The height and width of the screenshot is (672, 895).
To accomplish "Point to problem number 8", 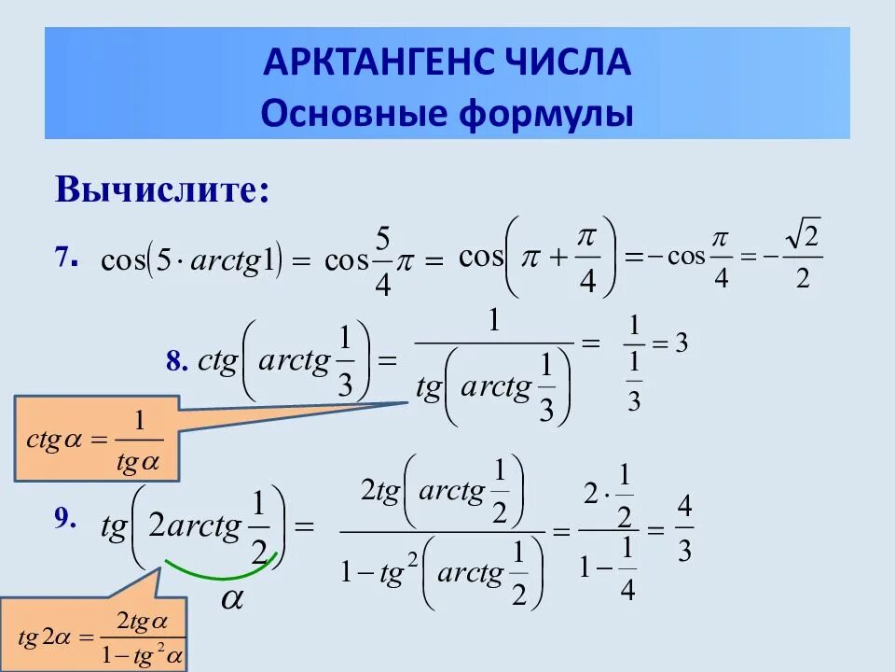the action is [178, 362].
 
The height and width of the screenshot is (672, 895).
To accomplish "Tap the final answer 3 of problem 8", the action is [682, 343].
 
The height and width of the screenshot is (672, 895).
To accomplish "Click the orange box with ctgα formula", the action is [95, 438].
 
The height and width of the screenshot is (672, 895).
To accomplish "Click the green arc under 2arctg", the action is [220, 568].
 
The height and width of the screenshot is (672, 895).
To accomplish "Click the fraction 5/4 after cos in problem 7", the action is [381, 259].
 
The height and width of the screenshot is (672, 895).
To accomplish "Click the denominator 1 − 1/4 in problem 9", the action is [608, 567].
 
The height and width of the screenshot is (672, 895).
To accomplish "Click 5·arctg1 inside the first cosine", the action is [215, 259].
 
